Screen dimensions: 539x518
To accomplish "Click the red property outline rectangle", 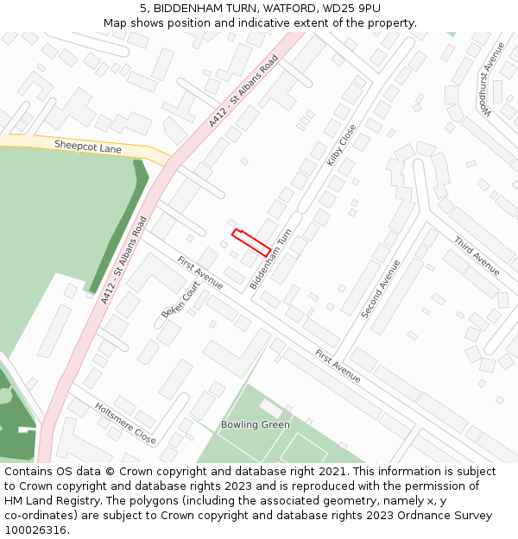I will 251,242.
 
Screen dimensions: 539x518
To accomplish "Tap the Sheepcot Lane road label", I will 87,147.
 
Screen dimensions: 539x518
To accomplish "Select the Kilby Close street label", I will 342,145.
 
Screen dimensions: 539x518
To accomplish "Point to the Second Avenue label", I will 381,289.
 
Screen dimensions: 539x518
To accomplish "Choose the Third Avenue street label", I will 476,256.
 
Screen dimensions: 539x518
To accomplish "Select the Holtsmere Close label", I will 125,423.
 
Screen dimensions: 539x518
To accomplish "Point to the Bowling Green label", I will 255,425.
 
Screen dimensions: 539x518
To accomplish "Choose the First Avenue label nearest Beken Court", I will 200,273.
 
